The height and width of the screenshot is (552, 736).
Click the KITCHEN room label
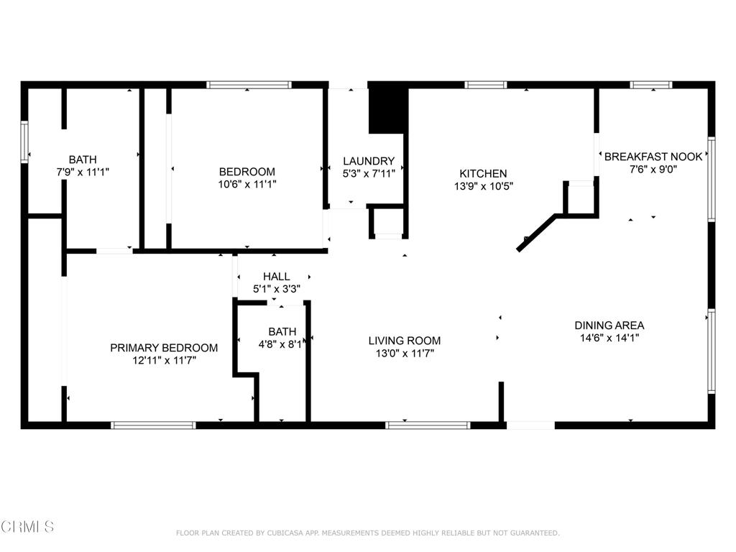click(483, 173)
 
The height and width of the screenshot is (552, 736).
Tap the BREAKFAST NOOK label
click(653, 156)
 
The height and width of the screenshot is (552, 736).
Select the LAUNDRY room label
click(369, 161)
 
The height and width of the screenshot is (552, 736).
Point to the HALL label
click(276, 277)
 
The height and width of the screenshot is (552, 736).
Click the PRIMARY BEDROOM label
click(164, 348)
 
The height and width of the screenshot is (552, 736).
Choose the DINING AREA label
click(609, 326)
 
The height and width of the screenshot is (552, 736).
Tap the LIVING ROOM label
click(404, 341)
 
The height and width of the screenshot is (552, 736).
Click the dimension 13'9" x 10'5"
click(484, 186)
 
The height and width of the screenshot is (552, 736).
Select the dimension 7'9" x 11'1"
click(83, 172)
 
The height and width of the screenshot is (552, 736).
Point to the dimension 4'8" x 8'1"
click(282, 344)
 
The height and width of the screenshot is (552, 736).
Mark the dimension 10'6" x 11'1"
click(247, 184)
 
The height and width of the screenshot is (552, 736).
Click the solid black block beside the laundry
click(387, 110)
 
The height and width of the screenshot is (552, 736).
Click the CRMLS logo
click(27, 527)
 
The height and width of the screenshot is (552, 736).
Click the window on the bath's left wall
click(24, 142)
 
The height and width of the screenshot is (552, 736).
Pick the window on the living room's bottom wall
click(428, 425)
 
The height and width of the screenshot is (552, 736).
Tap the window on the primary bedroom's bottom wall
click(154, 425)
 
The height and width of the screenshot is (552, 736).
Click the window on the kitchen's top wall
click(486, 85)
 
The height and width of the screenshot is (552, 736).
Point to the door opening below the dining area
click(531, 425)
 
